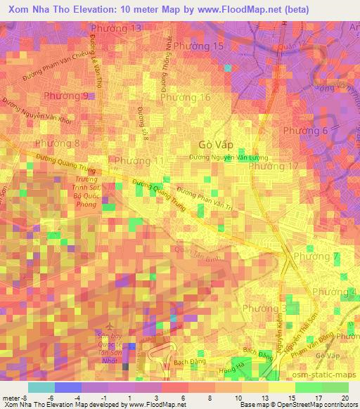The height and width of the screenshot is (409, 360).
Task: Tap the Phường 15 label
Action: pos(199,46)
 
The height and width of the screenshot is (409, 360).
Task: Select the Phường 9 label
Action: pos(65,96)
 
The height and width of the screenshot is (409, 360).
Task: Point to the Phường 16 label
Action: pos(186,98)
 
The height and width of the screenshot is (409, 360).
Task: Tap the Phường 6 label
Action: pos(305,131)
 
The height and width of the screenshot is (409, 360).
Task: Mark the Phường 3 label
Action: pos(264,309)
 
